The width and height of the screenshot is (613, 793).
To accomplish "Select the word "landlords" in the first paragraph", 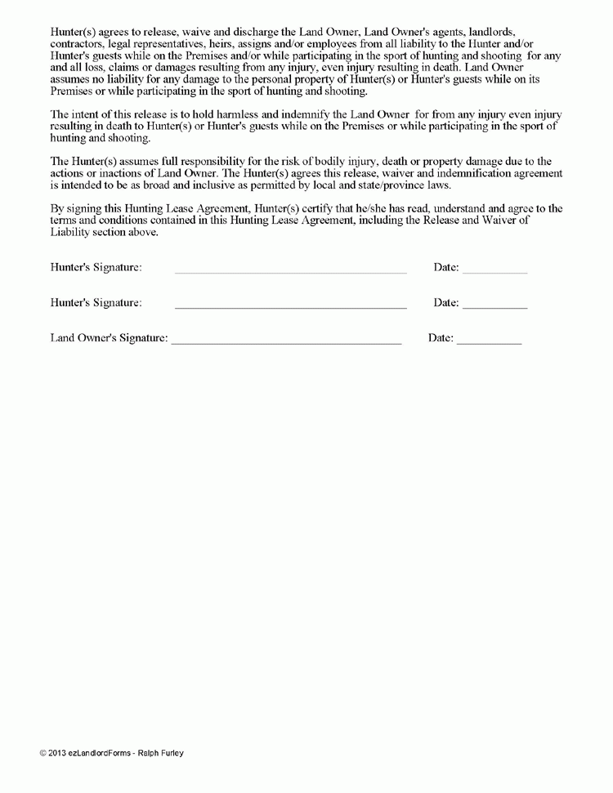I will coord(492,32).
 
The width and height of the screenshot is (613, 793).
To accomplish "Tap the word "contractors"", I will coord(77,44).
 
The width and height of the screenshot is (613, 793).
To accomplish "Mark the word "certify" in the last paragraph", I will coord(340,209).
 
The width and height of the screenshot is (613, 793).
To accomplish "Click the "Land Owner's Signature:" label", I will coord(109,337).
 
